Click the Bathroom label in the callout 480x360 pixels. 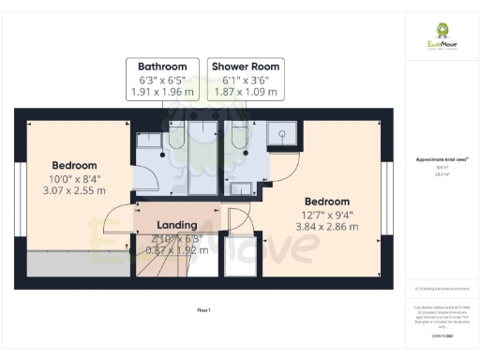tap(169, 67)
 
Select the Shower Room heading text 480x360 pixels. tap(245, 67)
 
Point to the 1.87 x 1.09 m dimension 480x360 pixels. tap(245, 92)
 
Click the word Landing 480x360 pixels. tap(176, 225)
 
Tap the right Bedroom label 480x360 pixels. tap(326, 202)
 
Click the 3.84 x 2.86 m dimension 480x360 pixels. tap(326, 228)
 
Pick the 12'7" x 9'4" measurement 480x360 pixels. tap(326, 215)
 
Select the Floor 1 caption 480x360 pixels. tap(203, 308)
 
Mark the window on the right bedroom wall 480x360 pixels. tap(389, 193)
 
